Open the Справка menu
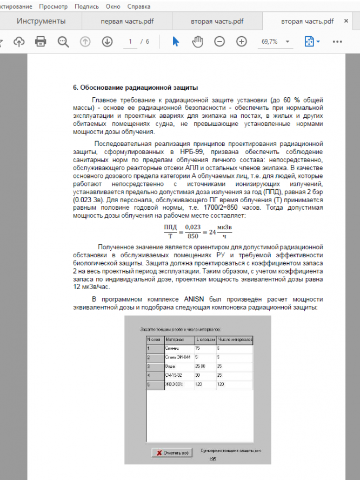pos(139,6)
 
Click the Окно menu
pos(113,6)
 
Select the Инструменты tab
pos(41,21)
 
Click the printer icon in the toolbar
pos(41,42)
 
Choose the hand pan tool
pos(197,42)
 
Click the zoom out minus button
pos(219,42)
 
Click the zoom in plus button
pos(241,42)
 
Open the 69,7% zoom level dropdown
pos(288,42)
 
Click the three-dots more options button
pos(337,42)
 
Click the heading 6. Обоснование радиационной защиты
pos(135,88)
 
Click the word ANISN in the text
pos(192,299)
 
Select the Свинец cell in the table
pos(172,349)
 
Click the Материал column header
pos(175,339)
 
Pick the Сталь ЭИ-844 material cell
pos(178,358)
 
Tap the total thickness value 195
pos(213,459)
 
